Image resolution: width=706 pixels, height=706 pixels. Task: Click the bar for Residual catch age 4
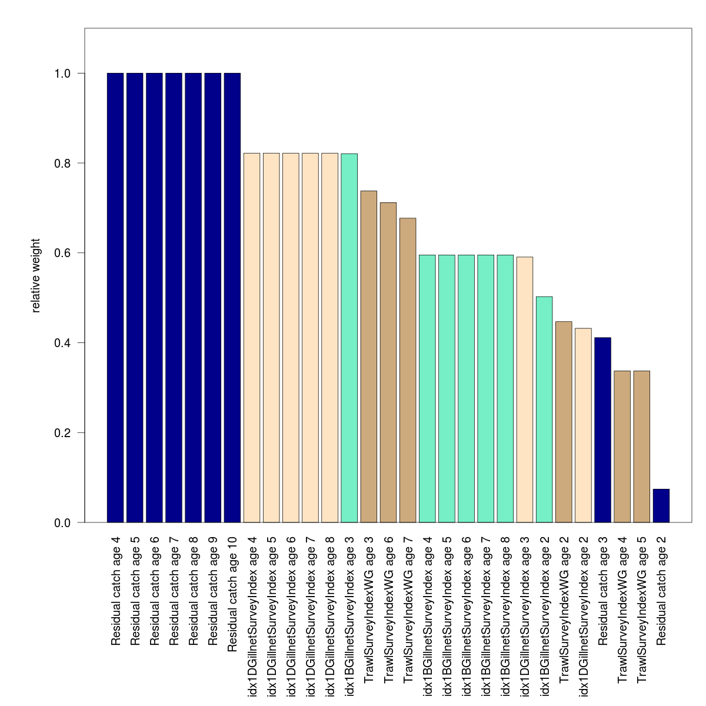point(115,298)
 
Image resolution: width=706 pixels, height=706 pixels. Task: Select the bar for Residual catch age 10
point(232,298)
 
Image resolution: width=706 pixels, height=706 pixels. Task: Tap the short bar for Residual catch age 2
point(661,506)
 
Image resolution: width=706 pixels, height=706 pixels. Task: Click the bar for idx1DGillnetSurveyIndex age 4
point(252,338)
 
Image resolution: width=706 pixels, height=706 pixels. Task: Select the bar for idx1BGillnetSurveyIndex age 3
point(349,338)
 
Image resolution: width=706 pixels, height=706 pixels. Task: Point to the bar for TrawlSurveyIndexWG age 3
point(369,357)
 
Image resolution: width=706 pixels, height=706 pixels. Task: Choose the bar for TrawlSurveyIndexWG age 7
point(408,371)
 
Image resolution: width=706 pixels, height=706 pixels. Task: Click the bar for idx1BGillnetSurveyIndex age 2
point(544,409)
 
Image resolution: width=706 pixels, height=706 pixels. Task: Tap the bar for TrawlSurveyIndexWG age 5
point(642,447)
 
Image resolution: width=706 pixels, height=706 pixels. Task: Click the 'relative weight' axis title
point(36,275)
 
